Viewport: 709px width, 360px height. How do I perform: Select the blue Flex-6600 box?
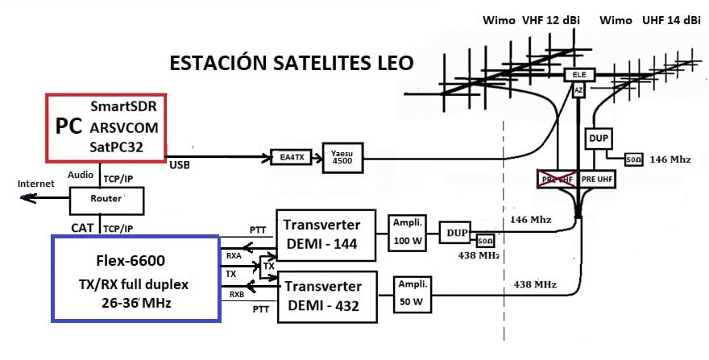click(135, 278)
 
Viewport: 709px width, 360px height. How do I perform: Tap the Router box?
click(106, 197)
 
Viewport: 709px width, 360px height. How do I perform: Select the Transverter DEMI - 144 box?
click(327, 234)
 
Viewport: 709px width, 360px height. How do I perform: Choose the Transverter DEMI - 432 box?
click(327, 296)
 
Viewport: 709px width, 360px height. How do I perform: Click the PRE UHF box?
click(598, 178)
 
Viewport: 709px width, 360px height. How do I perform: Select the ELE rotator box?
click(578, 75)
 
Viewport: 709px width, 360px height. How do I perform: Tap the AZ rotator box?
click(578, 91)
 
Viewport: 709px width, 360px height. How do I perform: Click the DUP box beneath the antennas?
click(598, 139)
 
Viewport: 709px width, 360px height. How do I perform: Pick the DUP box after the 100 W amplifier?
click(456, 233)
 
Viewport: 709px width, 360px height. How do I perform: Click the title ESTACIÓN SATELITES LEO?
click(292, 63)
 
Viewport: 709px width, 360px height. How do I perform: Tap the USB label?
click(180, 165)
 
